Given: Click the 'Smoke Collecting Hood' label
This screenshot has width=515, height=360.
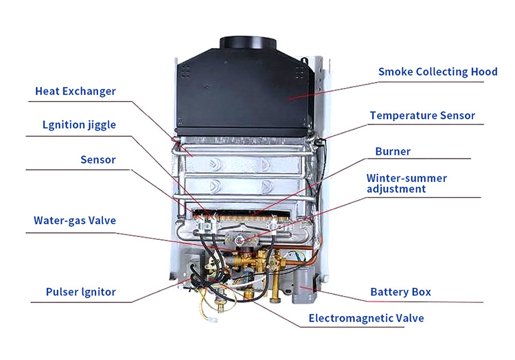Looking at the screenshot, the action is (x=438, y=72).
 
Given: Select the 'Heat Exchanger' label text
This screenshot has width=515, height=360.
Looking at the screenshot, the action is (x=76, y=91).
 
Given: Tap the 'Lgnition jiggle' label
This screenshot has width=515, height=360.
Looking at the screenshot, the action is (x=79, y=125).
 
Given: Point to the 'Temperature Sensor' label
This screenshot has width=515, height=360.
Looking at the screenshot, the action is (x=422, y=115).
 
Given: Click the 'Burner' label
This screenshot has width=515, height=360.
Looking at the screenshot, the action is (x=393, y=151).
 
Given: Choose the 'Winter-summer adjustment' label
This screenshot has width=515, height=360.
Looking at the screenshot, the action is (x=407, y=183).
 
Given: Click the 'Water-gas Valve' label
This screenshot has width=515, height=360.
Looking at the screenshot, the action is (x=75, y=221).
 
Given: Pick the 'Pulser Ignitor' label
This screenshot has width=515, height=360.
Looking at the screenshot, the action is (x=81, y=292).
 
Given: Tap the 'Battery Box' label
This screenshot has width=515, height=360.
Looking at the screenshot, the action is (x=401, y=292).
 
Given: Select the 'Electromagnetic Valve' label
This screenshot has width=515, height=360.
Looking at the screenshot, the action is (x=366, y=318).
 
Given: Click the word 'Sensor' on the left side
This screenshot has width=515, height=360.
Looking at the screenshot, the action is (x=98, y=160).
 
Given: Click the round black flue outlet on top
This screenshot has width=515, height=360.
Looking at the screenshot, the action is (x=248, y=44).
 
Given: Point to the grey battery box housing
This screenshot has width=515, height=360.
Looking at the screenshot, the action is (x=304, y=284).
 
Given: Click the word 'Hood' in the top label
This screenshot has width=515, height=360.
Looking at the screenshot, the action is (x=485, y=71).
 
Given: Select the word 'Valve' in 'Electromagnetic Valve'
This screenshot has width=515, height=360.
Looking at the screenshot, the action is (x=410, y=318).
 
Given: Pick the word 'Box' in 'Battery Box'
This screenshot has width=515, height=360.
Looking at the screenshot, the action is (x=422, y=292).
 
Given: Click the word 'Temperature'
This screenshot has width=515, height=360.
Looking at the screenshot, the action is (x=403, y=115).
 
